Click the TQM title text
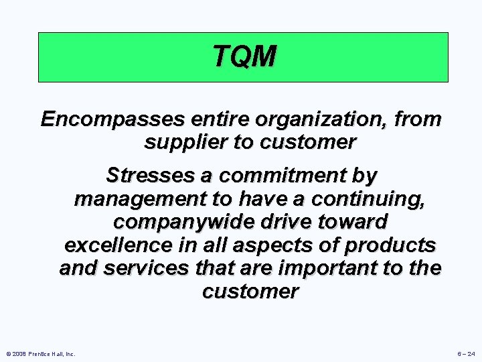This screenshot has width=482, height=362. tap(244, 56)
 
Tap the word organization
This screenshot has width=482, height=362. tap(323, 120)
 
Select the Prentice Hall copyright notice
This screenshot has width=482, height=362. tap(40, 353)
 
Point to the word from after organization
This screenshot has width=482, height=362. tap(418, 120)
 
